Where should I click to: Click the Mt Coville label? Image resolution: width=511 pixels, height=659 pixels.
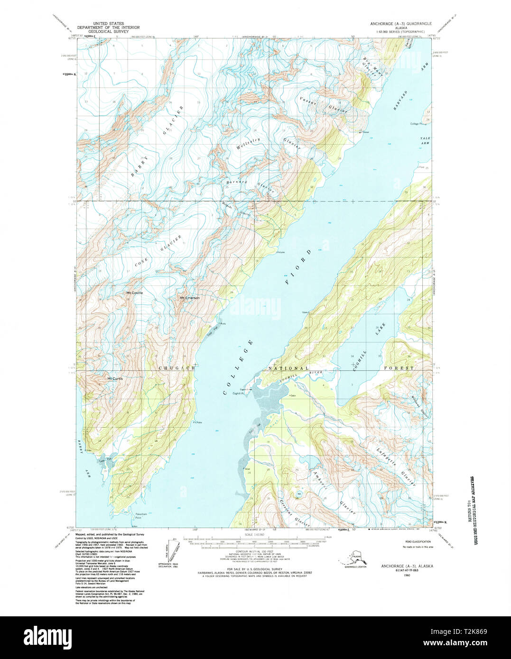point(134,293)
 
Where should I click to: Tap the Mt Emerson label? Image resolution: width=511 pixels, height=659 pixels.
point(189,298)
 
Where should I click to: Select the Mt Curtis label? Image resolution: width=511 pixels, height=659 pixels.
point(115,378)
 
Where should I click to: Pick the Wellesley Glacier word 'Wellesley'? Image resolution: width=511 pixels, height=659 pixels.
point(248,145)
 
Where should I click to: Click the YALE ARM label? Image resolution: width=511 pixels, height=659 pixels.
point(425,140)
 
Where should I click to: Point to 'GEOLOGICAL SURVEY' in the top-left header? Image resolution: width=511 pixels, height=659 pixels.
point(109,31)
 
